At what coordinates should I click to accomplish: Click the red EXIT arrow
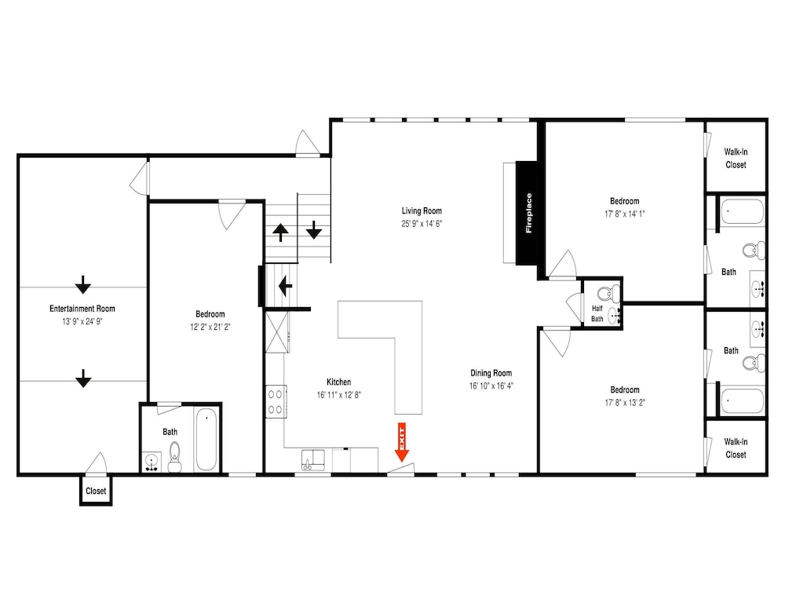click(x=401, y=442)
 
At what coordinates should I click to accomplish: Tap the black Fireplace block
click(x=528, y=213)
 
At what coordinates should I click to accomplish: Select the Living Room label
click(x=422, y=210)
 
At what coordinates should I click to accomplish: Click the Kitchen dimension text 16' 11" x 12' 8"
click(x=339, y=395)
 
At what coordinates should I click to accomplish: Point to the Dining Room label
click(x=491, y=373)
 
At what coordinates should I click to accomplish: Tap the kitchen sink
click(x=313, y=460)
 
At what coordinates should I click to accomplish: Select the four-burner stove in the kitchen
click(x=276, y=401)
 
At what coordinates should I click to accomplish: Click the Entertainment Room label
click(x=82, y=309)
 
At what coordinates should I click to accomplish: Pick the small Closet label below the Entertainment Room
click(x=96, y=491)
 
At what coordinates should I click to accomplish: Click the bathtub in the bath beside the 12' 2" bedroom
click(x=206, y=439)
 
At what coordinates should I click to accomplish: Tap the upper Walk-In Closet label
click(x=736, y=159)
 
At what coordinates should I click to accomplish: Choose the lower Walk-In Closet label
click(x=736, y=448)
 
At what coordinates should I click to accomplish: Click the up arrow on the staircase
click(x=280, y=232)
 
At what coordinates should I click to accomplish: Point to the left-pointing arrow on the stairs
click(x=286, y=286)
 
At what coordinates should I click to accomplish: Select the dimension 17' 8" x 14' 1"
click(x=625, y=214)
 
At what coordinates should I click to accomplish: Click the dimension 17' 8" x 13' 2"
click(x=625, y=403)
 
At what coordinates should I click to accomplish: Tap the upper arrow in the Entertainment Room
click(x=83, y=284)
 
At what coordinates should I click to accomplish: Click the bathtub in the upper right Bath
click(x=743, y=211)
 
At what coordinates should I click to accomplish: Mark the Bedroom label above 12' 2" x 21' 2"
click(x=210, y=314)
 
